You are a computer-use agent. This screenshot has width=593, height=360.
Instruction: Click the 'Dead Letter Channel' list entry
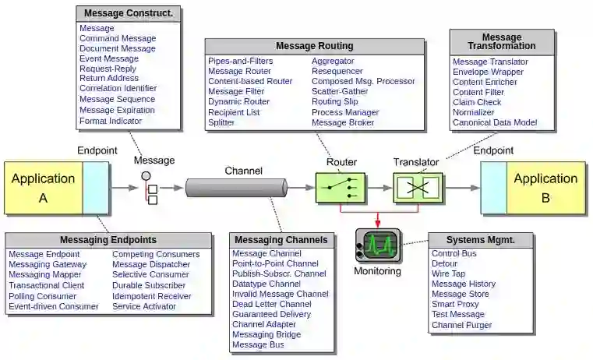[271, 304]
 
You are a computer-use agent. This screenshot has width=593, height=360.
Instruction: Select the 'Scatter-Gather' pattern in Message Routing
[340, 91]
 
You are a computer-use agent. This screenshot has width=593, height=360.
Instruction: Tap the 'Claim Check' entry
[477, 102]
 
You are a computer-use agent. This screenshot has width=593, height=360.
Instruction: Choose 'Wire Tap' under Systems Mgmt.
[448, 274]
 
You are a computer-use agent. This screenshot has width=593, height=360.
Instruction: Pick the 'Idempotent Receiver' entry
[152, 296]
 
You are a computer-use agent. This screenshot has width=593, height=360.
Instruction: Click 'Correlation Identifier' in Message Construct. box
[118, 88]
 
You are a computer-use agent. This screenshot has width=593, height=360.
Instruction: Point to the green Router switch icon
[341, 188]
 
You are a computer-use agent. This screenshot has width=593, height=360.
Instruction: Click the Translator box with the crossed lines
[418, 188]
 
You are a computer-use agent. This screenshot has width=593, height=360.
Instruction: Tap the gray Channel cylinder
[236, 188]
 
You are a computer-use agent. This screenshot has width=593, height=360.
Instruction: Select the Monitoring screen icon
[378, 245]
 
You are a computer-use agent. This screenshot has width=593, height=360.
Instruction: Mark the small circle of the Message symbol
[146, 176]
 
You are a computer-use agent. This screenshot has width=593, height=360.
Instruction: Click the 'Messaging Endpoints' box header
[108, 240]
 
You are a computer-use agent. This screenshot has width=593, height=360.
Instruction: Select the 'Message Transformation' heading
[502, 41]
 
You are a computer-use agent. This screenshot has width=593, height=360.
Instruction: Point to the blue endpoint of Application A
[96, 188]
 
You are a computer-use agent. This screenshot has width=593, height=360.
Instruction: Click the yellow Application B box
[545, 188]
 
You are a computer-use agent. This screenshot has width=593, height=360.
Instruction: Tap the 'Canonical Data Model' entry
[495, 122]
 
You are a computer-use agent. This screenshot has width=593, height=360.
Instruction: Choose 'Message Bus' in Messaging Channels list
[258, 344]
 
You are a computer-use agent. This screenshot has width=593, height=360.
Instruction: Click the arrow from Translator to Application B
[461, 188]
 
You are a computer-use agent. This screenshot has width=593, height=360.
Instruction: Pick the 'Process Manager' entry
[345, 112]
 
